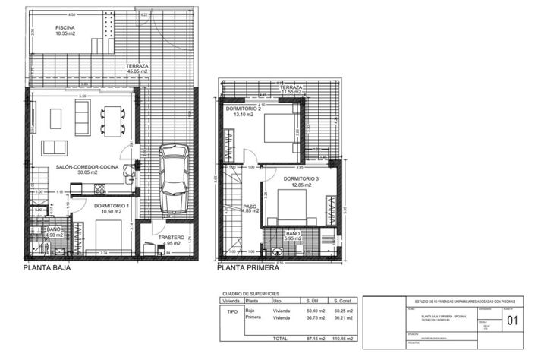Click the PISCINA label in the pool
65,28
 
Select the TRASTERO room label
172,238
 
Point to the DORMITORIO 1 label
112,206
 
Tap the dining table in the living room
114,118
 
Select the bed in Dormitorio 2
279,127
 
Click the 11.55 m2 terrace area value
291,93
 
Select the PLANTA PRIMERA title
248,268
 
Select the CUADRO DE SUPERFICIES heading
250,292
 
